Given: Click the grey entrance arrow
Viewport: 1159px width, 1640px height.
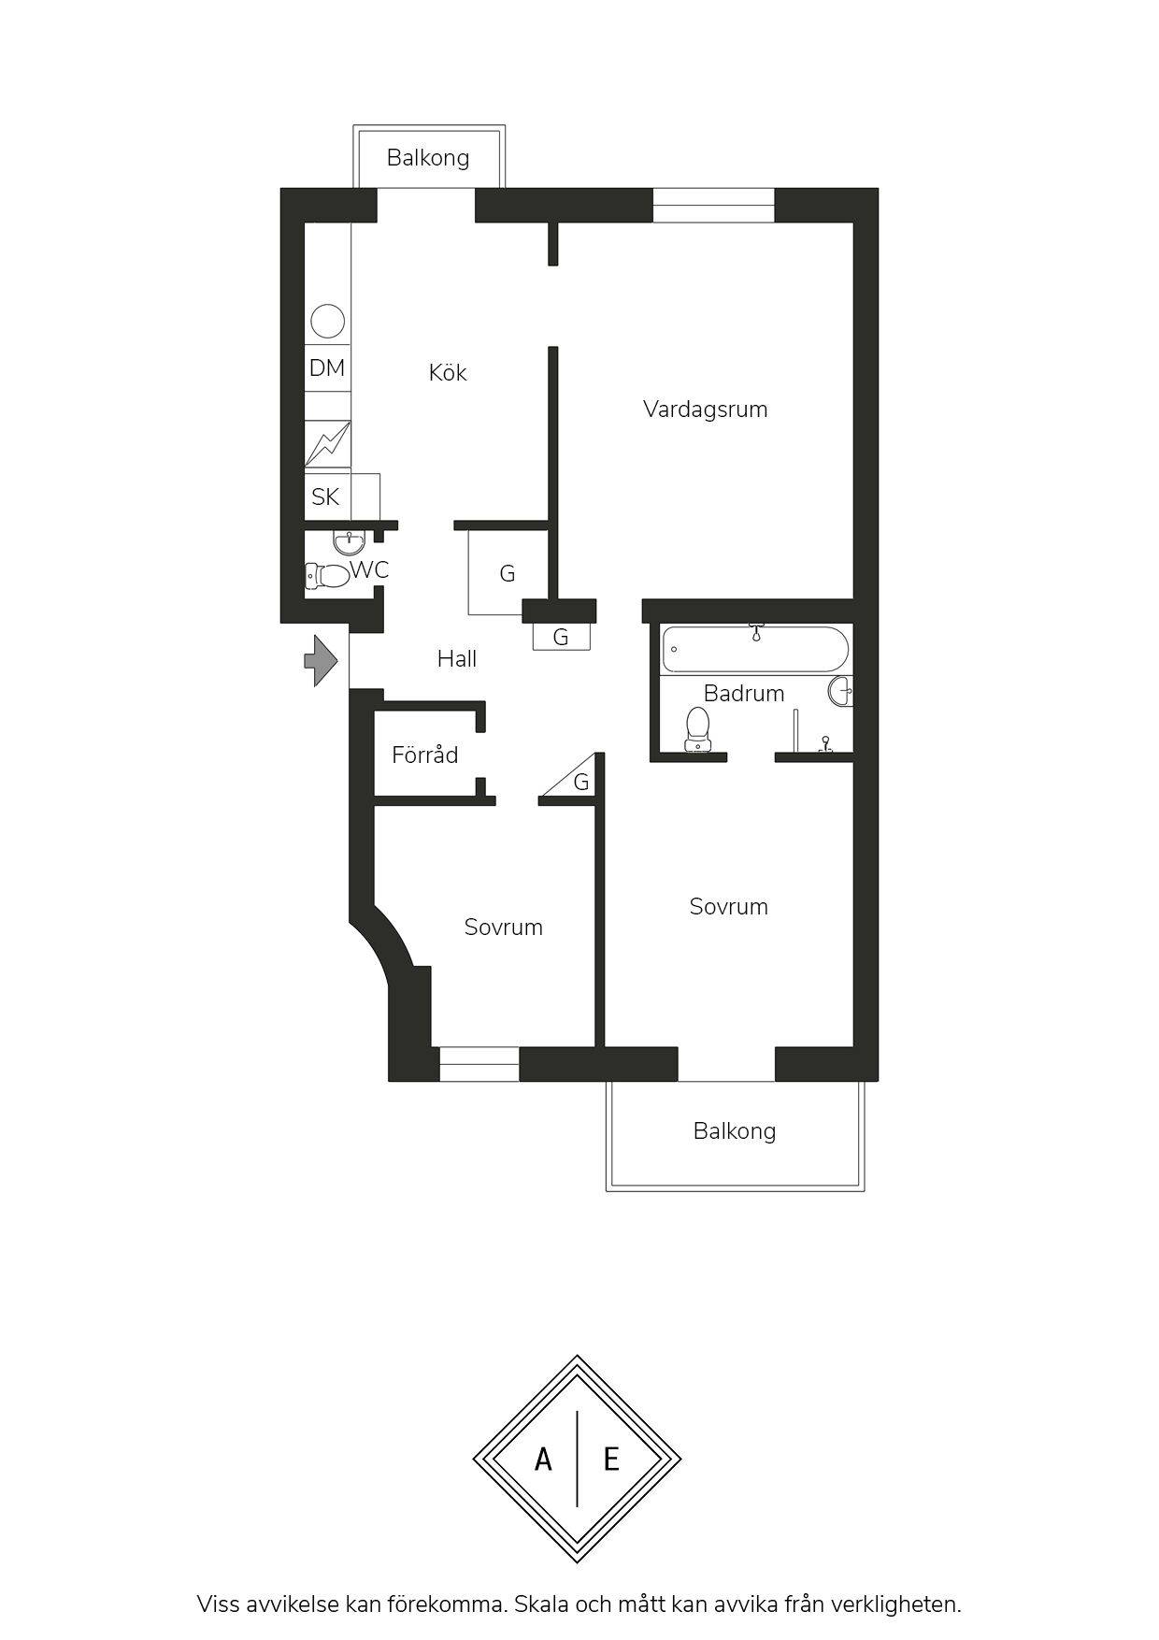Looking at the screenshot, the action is (321, 661).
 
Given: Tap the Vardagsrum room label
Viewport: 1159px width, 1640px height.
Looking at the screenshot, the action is (706, 410).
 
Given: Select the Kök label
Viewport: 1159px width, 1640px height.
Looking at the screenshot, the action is (448, 372).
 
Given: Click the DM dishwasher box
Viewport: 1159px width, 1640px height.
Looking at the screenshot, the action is (327, 368).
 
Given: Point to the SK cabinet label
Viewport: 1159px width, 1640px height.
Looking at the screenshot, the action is (325, 496).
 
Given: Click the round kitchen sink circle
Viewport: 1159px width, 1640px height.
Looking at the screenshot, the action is (327, 321).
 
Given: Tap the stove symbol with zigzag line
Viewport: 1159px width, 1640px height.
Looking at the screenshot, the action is (327, 443).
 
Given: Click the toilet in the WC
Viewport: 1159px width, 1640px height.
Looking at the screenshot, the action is (326, 575).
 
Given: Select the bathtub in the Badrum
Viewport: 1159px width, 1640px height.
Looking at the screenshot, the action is (755, 649).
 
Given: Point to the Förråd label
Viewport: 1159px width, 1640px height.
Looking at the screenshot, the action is (425, 755).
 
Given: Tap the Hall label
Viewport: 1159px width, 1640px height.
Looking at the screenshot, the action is (457, 659).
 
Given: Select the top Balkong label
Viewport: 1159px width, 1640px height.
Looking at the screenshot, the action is (428, 158).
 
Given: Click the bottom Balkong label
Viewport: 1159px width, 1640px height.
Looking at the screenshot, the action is (735, 1131).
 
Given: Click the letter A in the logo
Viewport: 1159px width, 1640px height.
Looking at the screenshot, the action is (543, 1459).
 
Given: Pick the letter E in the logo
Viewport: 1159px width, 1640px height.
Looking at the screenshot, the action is (611, 1459).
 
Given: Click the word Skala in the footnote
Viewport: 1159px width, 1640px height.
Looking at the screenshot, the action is (544, 1604).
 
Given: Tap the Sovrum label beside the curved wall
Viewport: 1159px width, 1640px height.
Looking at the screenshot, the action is (504, 928).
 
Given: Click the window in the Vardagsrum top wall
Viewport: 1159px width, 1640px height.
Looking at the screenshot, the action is (714, 205).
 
